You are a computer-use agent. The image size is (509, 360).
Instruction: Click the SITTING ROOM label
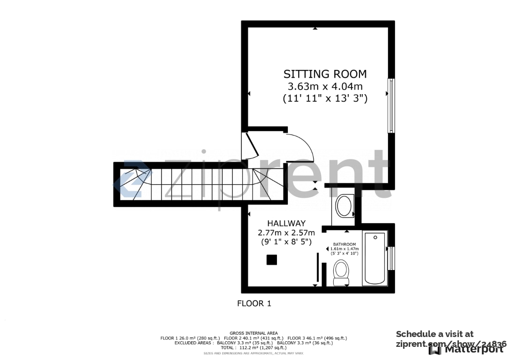pos(325,74)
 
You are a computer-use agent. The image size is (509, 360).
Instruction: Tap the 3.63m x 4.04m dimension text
pos(325,86)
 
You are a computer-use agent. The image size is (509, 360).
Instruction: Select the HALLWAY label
pos(286,224)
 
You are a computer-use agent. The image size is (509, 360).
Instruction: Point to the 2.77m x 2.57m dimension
pos(286,232)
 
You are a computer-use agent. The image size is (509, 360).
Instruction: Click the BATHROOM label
pos(344,244)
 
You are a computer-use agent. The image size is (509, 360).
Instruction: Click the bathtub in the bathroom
pos(374,258)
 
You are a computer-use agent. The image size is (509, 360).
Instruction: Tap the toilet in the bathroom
pos(341,272)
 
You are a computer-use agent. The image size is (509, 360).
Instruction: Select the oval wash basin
pos(344,206)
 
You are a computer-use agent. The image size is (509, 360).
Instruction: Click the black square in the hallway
pos(271,260)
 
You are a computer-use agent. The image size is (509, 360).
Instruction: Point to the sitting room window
pos(391,105)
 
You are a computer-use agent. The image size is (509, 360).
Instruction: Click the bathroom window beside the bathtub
pos(392,258)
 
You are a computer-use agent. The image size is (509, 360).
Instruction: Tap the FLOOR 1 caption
pos(254,303)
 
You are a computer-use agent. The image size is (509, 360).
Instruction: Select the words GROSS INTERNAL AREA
pos(254,333)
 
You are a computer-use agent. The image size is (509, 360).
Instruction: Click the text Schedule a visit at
pos(434,334)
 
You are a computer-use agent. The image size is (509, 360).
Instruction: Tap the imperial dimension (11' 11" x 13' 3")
pos(325,98)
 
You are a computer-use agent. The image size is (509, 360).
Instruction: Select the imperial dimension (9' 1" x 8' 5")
pos(286,242)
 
